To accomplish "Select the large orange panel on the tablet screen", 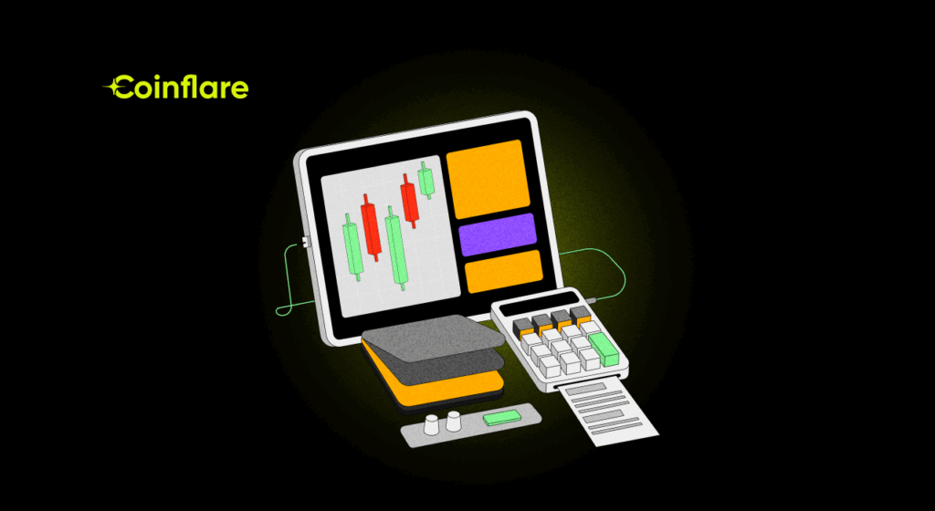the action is [x=488, y=179].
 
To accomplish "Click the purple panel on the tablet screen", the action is [x=498, y=235].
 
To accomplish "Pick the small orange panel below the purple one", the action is [x=504, y=272].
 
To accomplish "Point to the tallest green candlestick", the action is [x=395, y=248].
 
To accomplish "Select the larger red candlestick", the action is [x=371, y=227].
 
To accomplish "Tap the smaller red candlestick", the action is [x=408, y=201].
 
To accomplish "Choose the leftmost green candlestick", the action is [x=352, y=247].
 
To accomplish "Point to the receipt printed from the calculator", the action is [x=607, y=413].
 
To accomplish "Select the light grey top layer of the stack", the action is [x=433, y=338].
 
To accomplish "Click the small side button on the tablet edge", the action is [x=305, y=241].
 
